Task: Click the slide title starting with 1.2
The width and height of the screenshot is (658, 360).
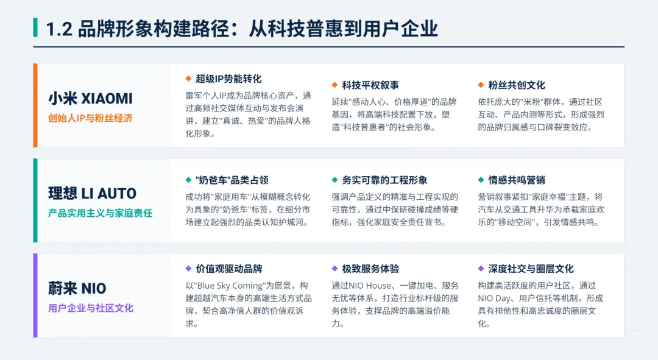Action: click(x=241, y=28)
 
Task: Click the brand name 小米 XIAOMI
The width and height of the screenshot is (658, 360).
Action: click(x=90, y=99)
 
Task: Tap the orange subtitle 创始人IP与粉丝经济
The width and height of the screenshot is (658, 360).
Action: click(x=90, y=118)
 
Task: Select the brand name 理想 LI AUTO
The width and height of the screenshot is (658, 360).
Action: click(x=92, y=194)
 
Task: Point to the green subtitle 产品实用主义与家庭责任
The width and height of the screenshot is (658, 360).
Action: click(x=100, y=213)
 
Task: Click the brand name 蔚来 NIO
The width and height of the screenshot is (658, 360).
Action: click(x=77, y=288)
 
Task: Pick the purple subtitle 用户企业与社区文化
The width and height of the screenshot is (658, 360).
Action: click(x=90, y=308)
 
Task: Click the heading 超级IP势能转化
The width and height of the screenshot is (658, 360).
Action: click(x=228, y=79)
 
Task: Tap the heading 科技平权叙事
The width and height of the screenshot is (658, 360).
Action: click(x=370, y=85)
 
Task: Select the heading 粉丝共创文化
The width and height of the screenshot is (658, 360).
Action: click(x=517, y=85)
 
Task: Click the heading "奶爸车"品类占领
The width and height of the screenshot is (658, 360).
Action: click(x=232, y=180)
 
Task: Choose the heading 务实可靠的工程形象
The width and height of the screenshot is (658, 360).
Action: click(x=384, y=180)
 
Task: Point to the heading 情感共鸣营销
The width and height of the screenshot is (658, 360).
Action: click(x=517, y=180)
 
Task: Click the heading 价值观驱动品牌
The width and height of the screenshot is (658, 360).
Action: click(x=229, y=269)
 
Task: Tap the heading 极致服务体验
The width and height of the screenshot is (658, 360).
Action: click(x=370, y=269)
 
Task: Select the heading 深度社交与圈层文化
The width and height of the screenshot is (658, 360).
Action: click(x=531, y=269)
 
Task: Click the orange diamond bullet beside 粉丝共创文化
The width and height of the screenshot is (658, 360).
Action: click(x=481, y=85)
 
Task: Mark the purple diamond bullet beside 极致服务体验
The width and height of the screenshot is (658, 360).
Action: click(x=335, y=269)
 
